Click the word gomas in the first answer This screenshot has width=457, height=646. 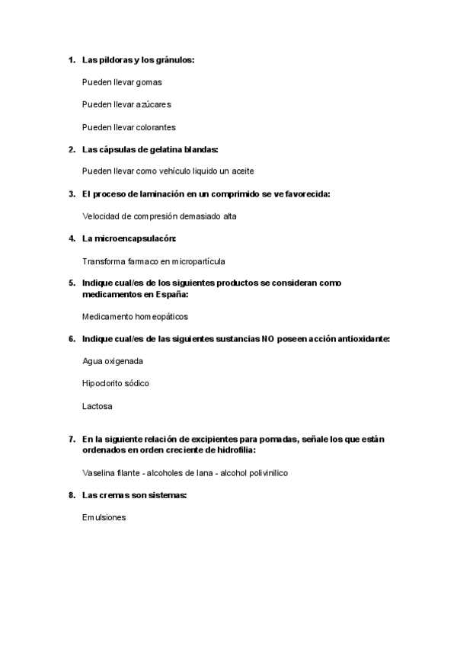click(x=149, y=82)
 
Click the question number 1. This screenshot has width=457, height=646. click(x=72, y=59)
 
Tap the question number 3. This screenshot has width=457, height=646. click(x=72, y=194)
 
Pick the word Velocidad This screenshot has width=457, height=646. click(x=101, y=216)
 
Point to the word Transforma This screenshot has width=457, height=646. click(x=103, y=261)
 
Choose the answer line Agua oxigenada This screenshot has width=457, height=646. click(x=112, y=361)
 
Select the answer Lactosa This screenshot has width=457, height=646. click(x=97, y=406)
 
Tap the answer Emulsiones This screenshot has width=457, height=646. click(x=104, y=518)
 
